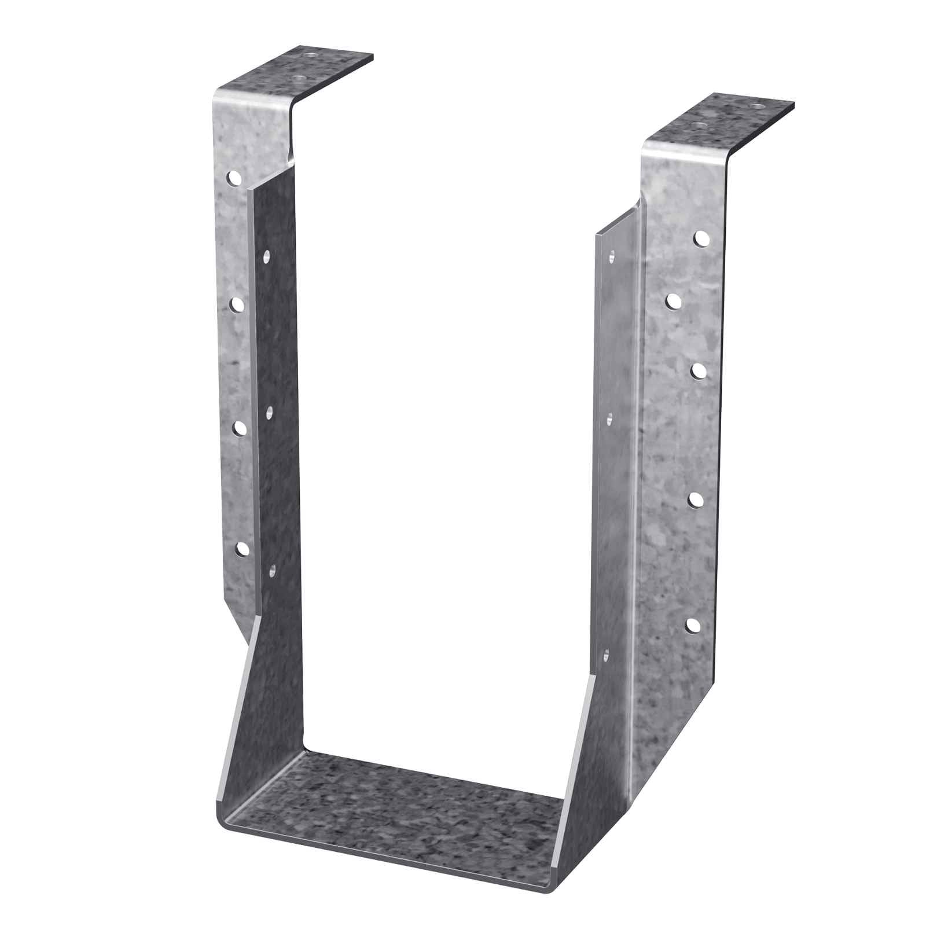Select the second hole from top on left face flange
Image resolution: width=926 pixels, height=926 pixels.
pyautogui.click(x=236, y=304)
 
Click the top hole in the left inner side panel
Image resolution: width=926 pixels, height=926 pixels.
pyautogui.click(x=267, y=255)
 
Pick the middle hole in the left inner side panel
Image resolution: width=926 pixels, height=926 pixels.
pyautogui.click(x=269, y=412)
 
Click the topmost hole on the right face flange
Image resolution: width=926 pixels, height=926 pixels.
pyautogui.click(x=701, y=237)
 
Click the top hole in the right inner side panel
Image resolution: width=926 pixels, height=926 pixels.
pyautogui.click(x=611, y=254)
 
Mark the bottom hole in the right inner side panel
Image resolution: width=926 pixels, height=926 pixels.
pyautogui.click(x=606, y=656)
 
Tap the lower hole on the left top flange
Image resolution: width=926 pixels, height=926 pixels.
pyautogui.click(x=297, y=77)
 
